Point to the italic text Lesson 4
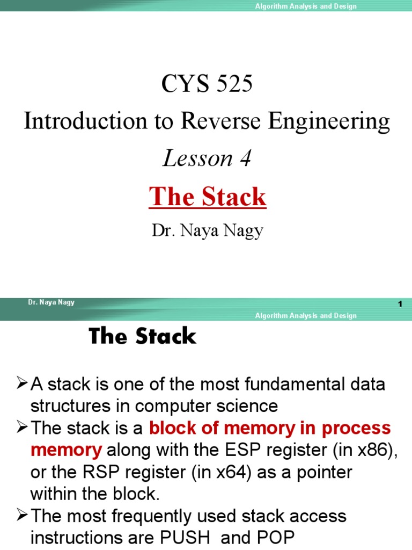tap(207, 158)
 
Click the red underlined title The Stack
tap(208, 197)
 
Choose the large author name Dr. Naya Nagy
tap(207, 231)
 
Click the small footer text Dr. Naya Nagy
tap(51, 302)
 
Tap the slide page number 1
tap(400, 305)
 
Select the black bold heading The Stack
tap(143, 337)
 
